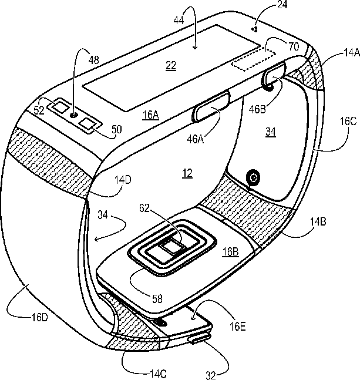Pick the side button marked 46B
point(274,74)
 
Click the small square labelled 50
point(89,123)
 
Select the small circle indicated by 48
point(74,116)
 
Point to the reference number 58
point(157,298)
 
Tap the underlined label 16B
point(230,252)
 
